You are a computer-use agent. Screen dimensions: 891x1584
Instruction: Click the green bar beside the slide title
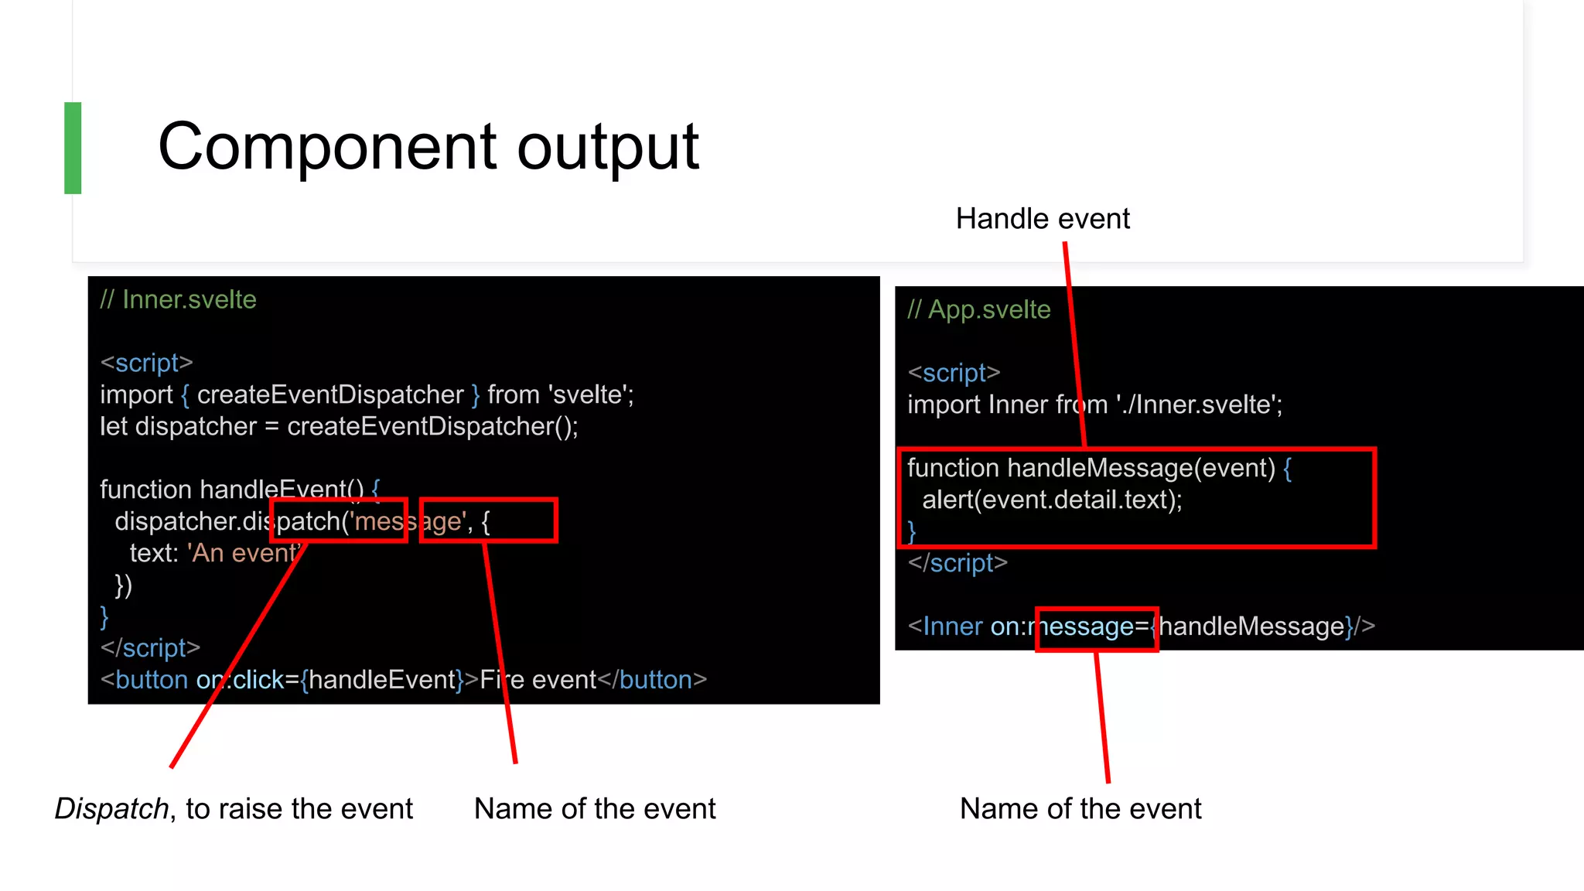73,148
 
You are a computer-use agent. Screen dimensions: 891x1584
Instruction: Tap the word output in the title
607,148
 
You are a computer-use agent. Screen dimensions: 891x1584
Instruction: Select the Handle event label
1042,219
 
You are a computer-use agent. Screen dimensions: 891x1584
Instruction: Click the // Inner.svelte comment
178,299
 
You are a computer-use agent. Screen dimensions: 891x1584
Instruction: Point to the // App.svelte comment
978,309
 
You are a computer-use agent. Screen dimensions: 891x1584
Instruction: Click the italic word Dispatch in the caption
111,809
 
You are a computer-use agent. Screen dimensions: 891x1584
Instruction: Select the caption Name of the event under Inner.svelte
594,809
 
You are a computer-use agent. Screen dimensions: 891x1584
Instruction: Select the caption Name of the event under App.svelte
1080,809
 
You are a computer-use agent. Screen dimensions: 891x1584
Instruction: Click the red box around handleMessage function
1374,498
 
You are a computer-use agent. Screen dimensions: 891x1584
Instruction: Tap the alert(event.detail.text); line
1052,500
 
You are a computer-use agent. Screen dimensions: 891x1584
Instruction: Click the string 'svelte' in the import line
589,395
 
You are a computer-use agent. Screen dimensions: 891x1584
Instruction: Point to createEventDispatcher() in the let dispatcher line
432,427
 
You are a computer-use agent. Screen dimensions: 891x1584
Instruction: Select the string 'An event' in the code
243,554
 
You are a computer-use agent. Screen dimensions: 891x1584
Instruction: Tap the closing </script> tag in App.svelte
958,563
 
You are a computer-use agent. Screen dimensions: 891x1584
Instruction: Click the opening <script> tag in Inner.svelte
146,363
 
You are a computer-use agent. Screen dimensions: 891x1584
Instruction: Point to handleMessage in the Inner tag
1251,626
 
